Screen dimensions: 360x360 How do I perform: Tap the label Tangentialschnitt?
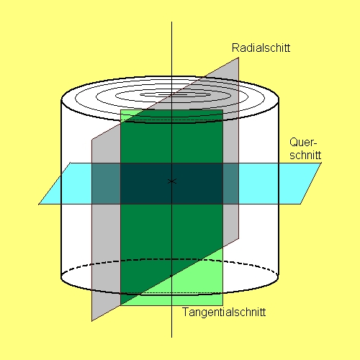click(224, 312)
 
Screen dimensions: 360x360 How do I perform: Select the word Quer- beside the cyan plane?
click(303, 143)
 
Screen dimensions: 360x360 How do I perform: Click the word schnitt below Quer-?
click(305, 155)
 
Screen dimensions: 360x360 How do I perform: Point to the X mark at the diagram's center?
click(171, 181)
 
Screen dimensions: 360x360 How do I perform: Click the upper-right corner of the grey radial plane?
click(238, 58)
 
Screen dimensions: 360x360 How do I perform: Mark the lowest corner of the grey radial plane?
click(92, 321)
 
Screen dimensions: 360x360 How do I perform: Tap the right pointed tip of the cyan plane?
click(321, 163)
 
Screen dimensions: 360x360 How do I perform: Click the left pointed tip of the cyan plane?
click(39, 204)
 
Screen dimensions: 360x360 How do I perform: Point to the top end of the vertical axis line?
click(171, 22)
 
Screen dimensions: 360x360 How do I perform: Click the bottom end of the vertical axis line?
click(171, 338)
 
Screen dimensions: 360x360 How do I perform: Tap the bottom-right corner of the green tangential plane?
click(222, 305)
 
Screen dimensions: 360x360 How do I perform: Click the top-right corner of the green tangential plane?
click(222, 110)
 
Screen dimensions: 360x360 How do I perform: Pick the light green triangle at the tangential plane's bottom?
click(192, 286)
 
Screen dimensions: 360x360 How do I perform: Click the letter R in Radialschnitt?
click(235, 48)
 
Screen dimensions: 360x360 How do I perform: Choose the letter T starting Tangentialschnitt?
click(186, 312)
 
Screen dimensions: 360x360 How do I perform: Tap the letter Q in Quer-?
click(294, 142)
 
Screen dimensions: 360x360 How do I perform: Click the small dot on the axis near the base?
click(171, 276)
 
